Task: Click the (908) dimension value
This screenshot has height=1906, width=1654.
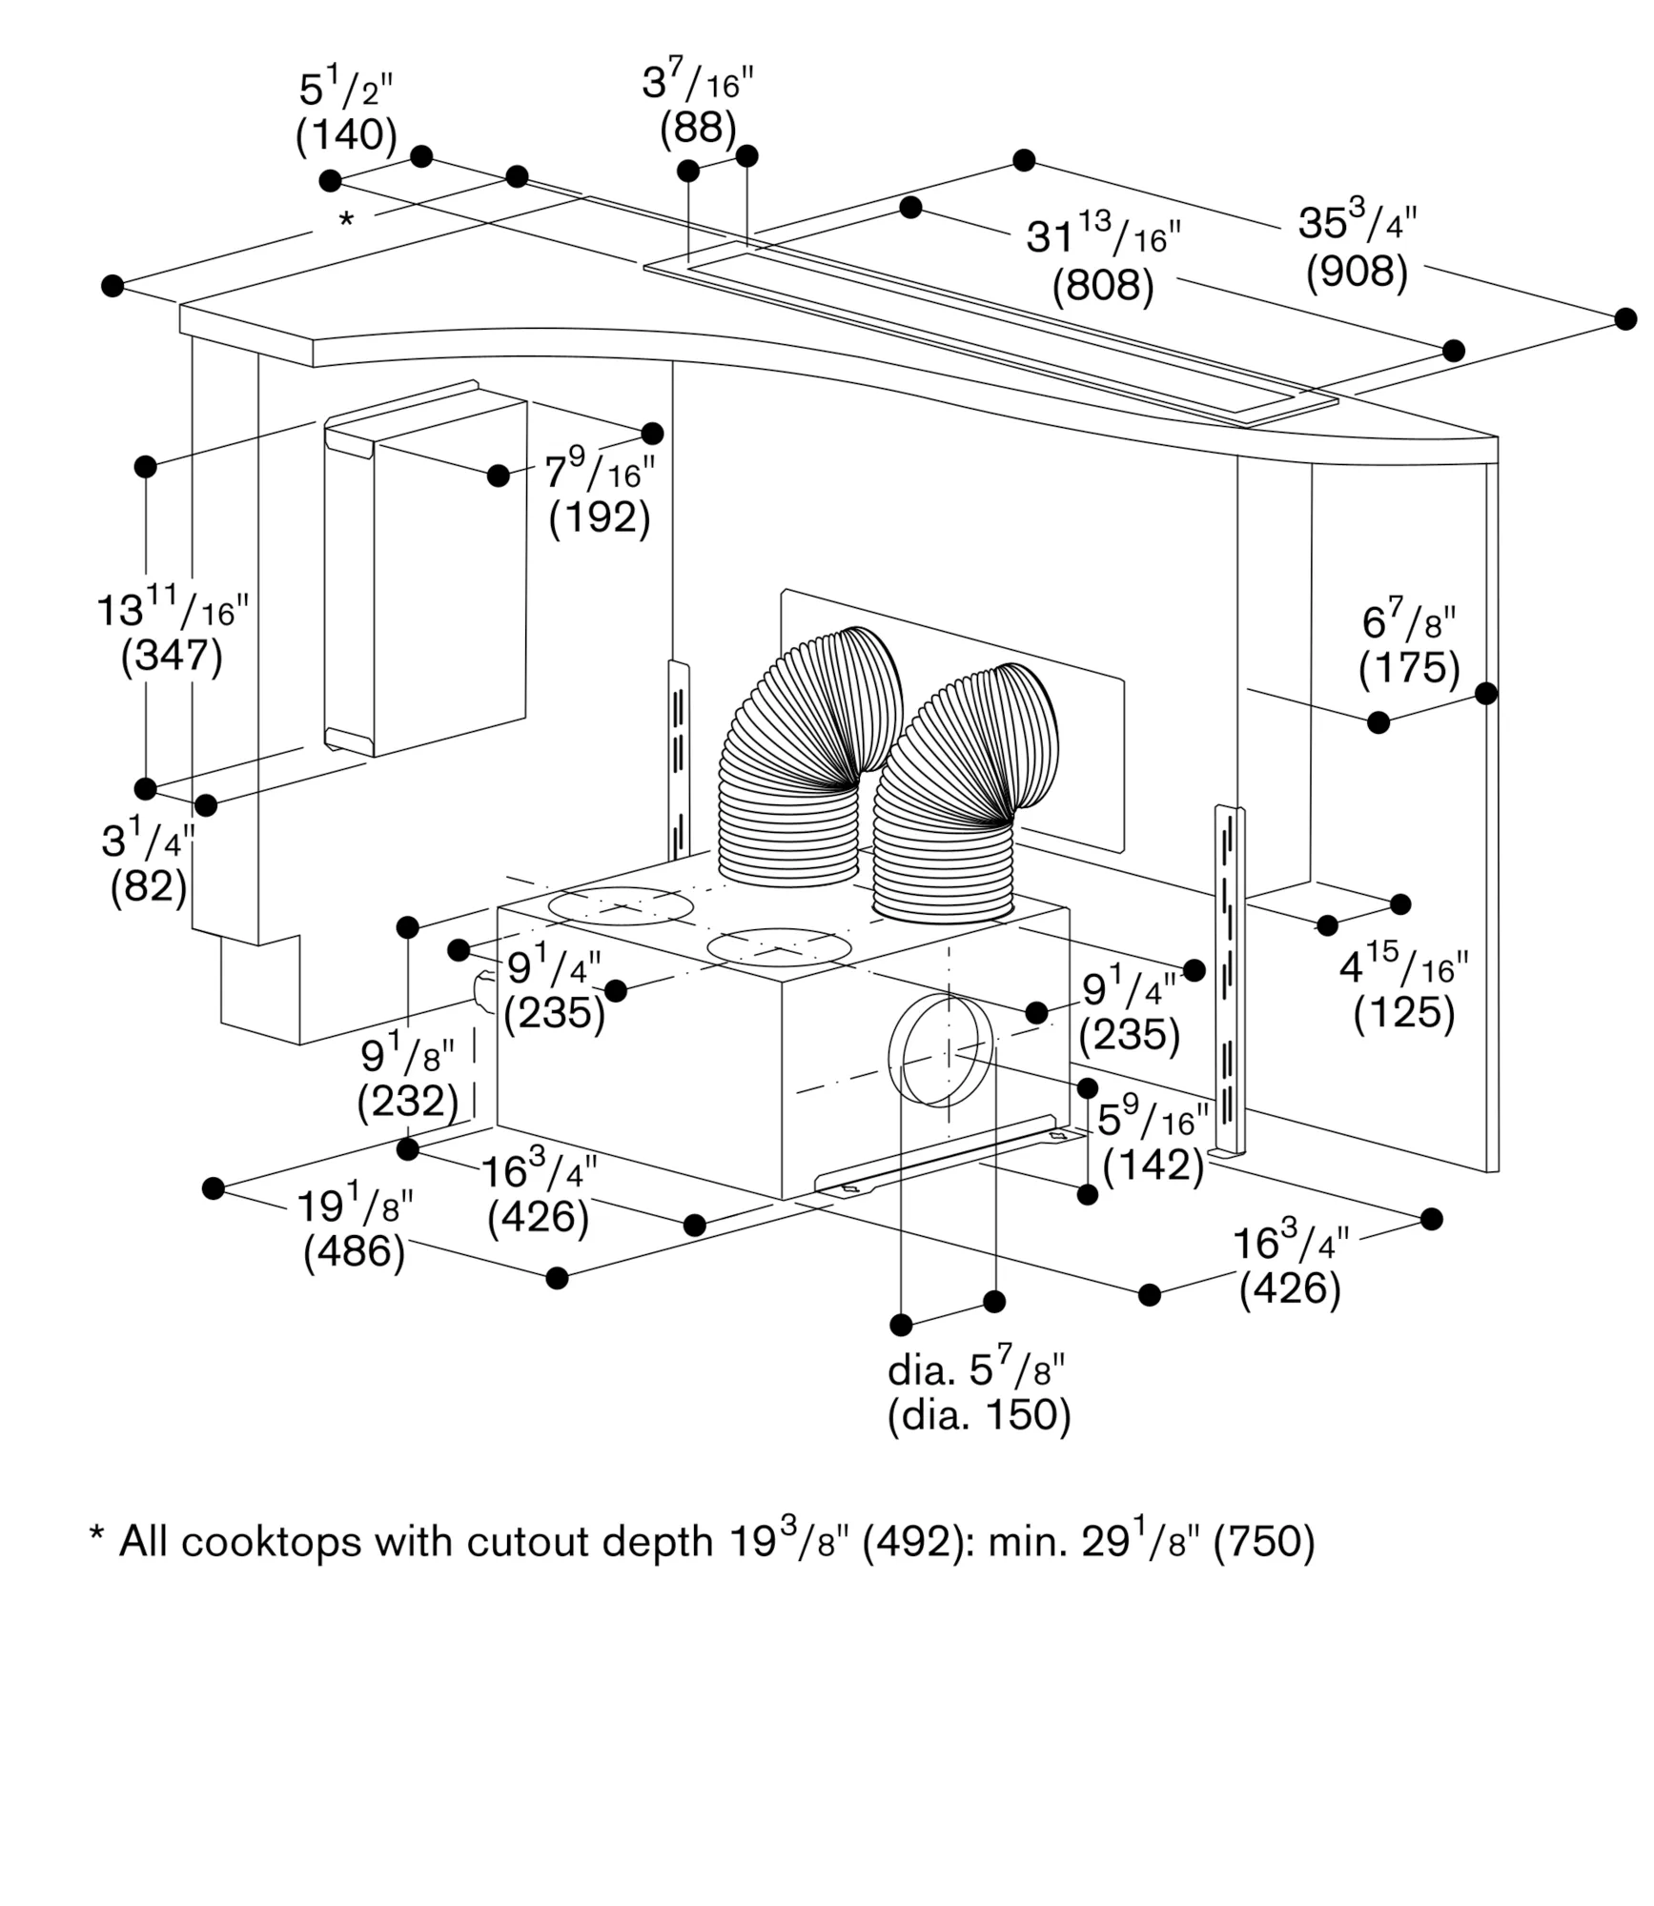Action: (x=1357, y=273)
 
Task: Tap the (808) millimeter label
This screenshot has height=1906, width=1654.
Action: (x=1103, y=286)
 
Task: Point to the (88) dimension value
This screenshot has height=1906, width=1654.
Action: (x=698, y=128)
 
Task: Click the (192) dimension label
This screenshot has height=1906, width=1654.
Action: (x=600, y=517)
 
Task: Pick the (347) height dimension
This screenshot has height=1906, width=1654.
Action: (x=172, y=656)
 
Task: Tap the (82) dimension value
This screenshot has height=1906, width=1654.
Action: (x=149, y=887)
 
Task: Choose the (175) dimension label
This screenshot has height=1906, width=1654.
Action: (x=1409, y=668)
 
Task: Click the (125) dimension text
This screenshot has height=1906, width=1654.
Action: (x=1404, y=1013)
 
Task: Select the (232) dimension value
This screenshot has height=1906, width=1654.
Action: (x=408, y=1102)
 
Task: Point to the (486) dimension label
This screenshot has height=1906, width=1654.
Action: (x=355, y=1250)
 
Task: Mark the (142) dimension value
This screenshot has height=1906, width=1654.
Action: (x=1154, y=1165)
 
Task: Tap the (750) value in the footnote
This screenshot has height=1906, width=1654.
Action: (x=1263, y=1542)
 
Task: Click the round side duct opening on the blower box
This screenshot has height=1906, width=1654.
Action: (x=939, y=1049)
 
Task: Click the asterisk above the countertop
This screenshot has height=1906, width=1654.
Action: (x=346, y=220)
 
